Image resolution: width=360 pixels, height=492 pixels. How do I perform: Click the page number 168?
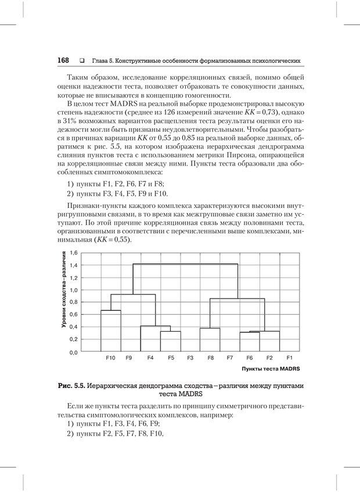click(63, 60)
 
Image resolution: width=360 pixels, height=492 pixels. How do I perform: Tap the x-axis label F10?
click(110, 358)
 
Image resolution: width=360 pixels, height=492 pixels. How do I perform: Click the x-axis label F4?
click(150, 358)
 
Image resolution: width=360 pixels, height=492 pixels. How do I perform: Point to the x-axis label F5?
click(171, 358)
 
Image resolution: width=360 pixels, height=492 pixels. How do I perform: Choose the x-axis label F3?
click(190, 358)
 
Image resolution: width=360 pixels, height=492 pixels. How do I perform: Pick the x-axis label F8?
click(210, 358)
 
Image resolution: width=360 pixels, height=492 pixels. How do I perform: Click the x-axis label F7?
click(230, 358)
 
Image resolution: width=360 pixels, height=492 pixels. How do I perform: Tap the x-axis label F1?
click(289, 358)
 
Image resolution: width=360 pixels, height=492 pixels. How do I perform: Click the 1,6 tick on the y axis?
click(74, 253)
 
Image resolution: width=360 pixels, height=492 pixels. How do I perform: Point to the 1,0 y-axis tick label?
click(74, 290)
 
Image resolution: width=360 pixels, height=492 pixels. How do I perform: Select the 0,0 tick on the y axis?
click(74, 352)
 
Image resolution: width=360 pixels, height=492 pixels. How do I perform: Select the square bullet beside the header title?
click(82, 61)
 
